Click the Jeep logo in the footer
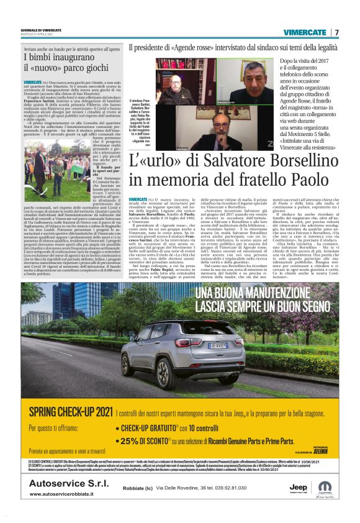[x=297, y=488]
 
